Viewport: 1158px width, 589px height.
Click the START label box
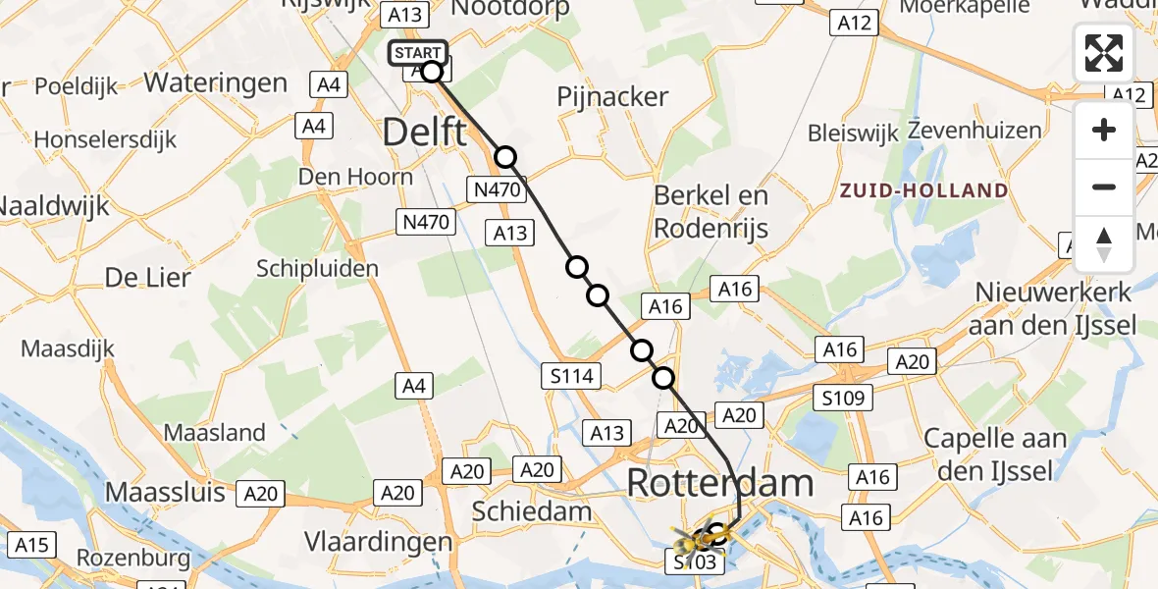pos(419,53)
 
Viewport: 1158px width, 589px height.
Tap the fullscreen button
pos(1104,53)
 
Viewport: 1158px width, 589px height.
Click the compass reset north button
pos(1104,244)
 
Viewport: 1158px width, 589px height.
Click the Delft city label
pos(424,131)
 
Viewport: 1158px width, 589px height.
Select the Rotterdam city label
pos(720,483)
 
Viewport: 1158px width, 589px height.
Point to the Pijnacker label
pos(613,97)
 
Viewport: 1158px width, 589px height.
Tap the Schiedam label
pos(532,511)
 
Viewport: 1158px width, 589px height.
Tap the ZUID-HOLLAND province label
pos(923,190)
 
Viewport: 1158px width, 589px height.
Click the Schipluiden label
pos(317,268)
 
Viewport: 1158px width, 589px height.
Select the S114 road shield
pos(569,374)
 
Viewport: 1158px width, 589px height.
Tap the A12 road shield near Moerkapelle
pos(852,24)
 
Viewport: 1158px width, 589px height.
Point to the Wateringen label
pos(216,82)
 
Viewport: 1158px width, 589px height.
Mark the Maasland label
pos(215,432)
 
